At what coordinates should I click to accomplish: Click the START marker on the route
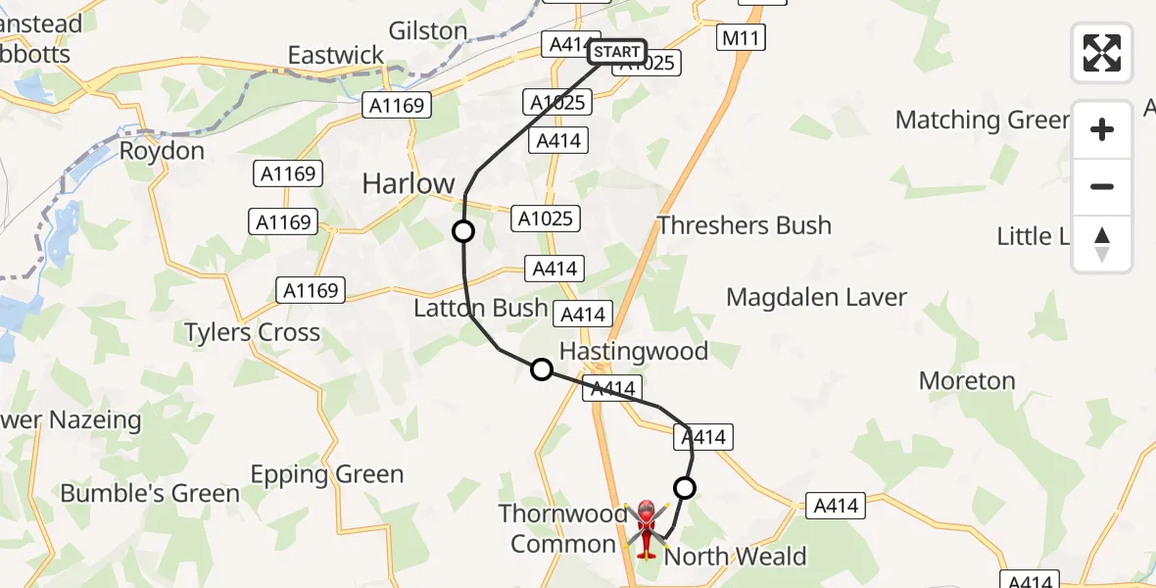coord(617,52)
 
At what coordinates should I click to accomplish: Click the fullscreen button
coord(1102,53)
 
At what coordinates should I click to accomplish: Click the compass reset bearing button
coord(1102,244)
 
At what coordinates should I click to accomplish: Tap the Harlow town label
coord(409,183)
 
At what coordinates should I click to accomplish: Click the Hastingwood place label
coord(633,351)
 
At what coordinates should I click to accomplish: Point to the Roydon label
coord(162,151)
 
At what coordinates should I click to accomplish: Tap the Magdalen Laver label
coord(816,297)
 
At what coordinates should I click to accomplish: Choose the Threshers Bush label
coord(744,225)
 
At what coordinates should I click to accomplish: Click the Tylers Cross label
coord(252,332)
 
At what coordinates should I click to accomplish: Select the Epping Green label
coord(326,475)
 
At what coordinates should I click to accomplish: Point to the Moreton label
coord(966,380)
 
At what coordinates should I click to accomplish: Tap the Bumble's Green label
coord(150,493)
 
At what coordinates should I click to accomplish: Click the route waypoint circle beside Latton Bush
coord(542,369)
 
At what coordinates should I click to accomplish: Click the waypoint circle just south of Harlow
coord(462,231)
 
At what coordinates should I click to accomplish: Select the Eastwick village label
coord(336,55)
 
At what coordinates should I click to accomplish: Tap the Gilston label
coord(427,30)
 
